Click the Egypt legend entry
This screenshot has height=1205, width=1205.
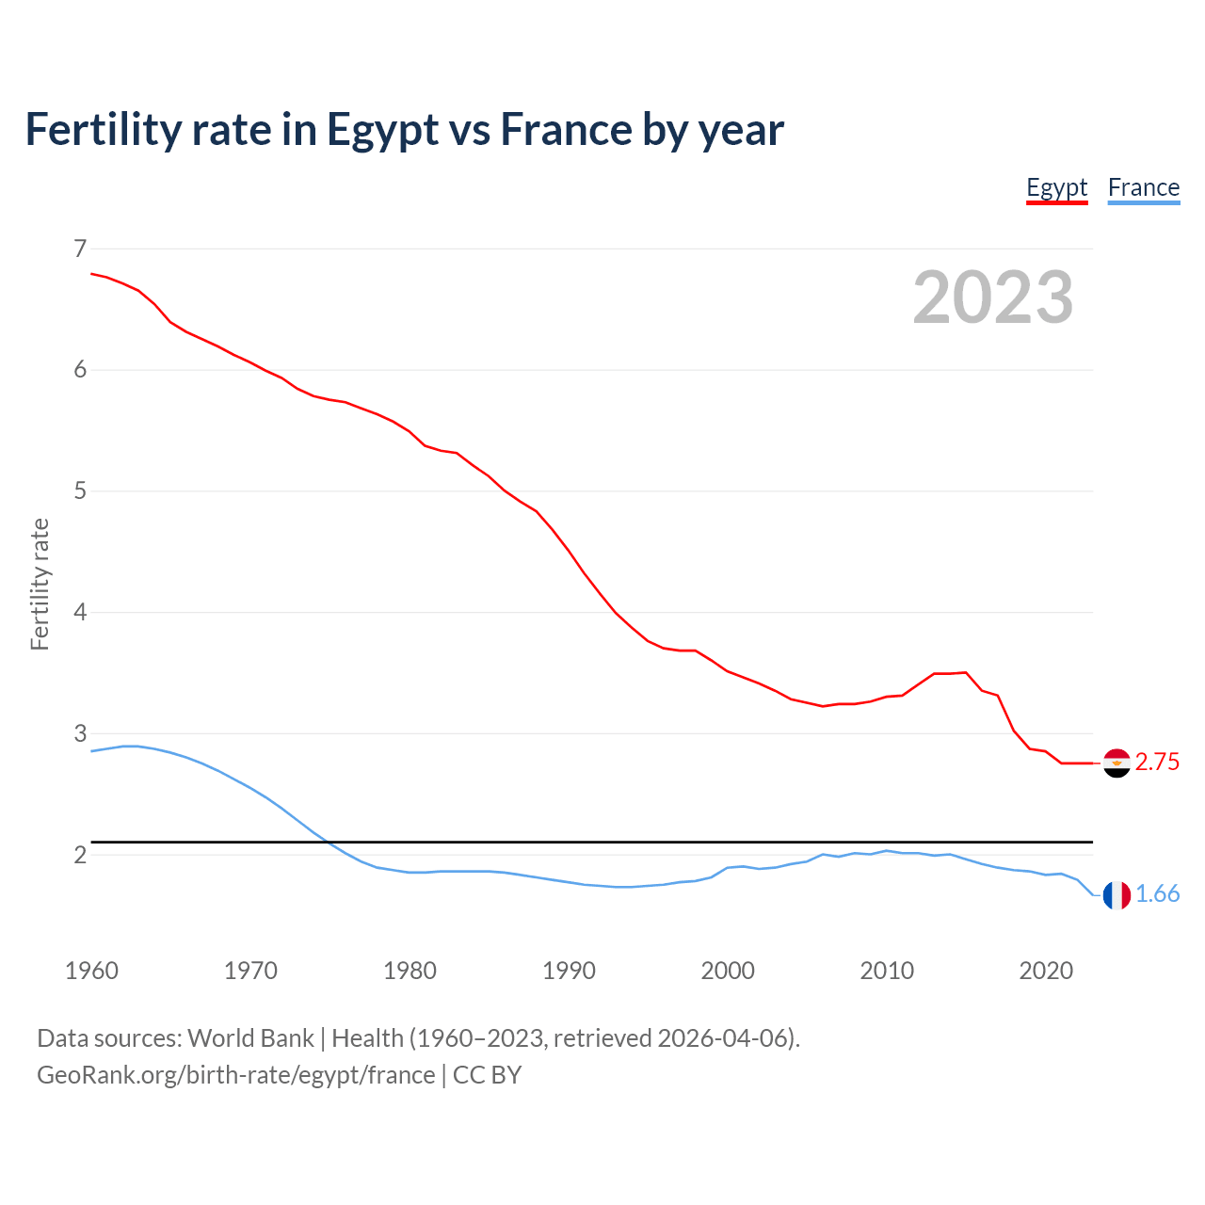click(x=1056, y=188)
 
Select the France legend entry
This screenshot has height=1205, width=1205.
click(x=1143, y=188)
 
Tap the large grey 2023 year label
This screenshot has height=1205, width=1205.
click(x=992, y=297)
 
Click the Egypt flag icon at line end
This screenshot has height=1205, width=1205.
click(x=1117, y=763)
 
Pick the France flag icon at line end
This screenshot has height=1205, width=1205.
click(x=1117, y=895)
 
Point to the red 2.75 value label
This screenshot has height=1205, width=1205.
click(x=1157, y=763)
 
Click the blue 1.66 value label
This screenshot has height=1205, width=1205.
click(x=1157, y=894)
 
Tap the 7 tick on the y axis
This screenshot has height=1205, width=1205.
click(x=80, y=249)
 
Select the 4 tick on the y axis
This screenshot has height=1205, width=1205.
click(x=80, y=612)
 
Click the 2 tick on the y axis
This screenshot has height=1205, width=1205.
click(x=80, y=855)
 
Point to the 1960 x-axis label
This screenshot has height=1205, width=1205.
click(x=91, y=971)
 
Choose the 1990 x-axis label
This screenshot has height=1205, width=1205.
click(x=569, y=971)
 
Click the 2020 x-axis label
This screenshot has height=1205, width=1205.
click(x=1046, y=971)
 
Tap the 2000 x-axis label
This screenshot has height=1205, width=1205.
click(x=728, y=971)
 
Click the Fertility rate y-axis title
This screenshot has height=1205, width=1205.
click(x=40, y=584)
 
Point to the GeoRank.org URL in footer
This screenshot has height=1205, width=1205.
click(x=235, y=1075)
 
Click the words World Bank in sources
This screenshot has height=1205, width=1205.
click(x=250, y=1038)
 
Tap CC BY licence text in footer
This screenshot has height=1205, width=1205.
click(x=487, y=1075)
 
